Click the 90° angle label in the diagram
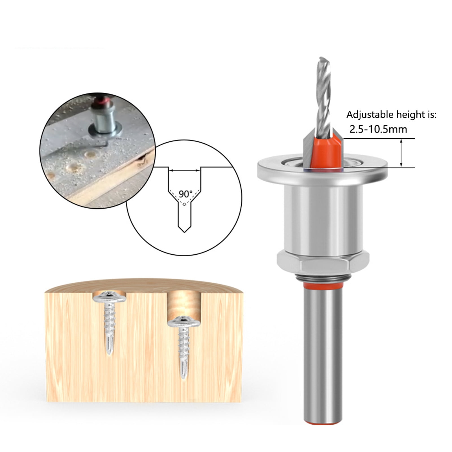(x=185, y=194)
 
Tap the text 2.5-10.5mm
(x=378, y=129)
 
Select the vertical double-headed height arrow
(x=401, y=153)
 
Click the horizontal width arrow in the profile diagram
(x=185, y=171)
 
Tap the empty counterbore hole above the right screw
(x=184, y=305)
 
